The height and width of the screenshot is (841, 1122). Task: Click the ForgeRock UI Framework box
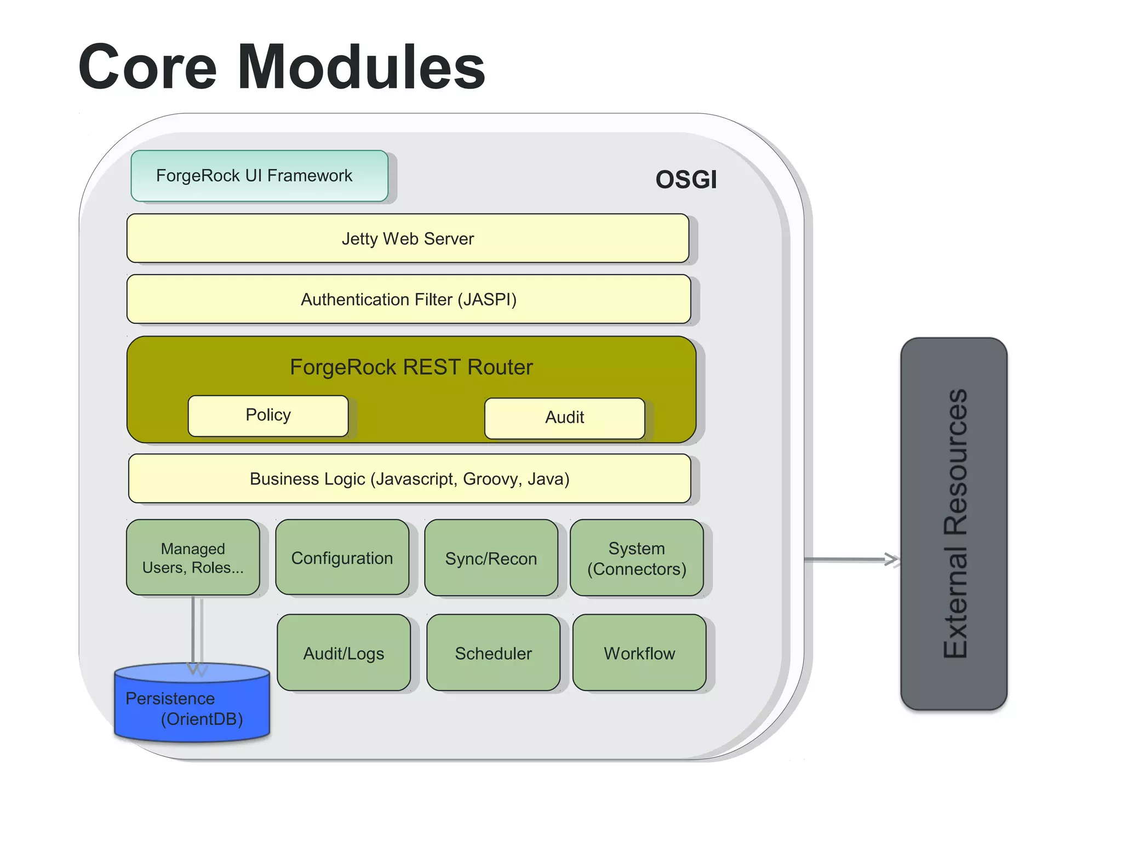tap(259, 176)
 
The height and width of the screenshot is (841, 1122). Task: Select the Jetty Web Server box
tap(408, 239)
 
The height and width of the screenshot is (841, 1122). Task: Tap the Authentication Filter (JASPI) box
tap(409, 299)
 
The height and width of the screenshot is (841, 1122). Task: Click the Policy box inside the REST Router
tap(268, 416)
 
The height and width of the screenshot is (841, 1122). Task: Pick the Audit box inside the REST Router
tap(564, 418)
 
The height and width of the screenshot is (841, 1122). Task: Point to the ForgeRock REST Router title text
tap(411, 367)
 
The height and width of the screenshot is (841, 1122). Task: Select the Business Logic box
tap(409, 479)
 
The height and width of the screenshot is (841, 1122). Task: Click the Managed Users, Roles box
tap(193, 557)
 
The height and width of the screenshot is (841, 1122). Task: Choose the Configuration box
tap(342, 557)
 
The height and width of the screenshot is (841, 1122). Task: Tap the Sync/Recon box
tap(491, 558)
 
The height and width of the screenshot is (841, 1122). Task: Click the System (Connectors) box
tap(637, 558)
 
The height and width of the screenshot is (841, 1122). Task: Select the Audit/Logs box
tap(344, 653)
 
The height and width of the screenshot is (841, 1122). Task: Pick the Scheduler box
tap(493, 653)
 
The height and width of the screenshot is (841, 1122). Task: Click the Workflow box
tap(639, 653)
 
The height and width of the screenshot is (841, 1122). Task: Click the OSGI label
tap(686, 180)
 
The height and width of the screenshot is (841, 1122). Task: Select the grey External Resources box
tap(954, 523)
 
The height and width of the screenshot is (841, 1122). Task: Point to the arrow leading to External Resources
tap(849, 560)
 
